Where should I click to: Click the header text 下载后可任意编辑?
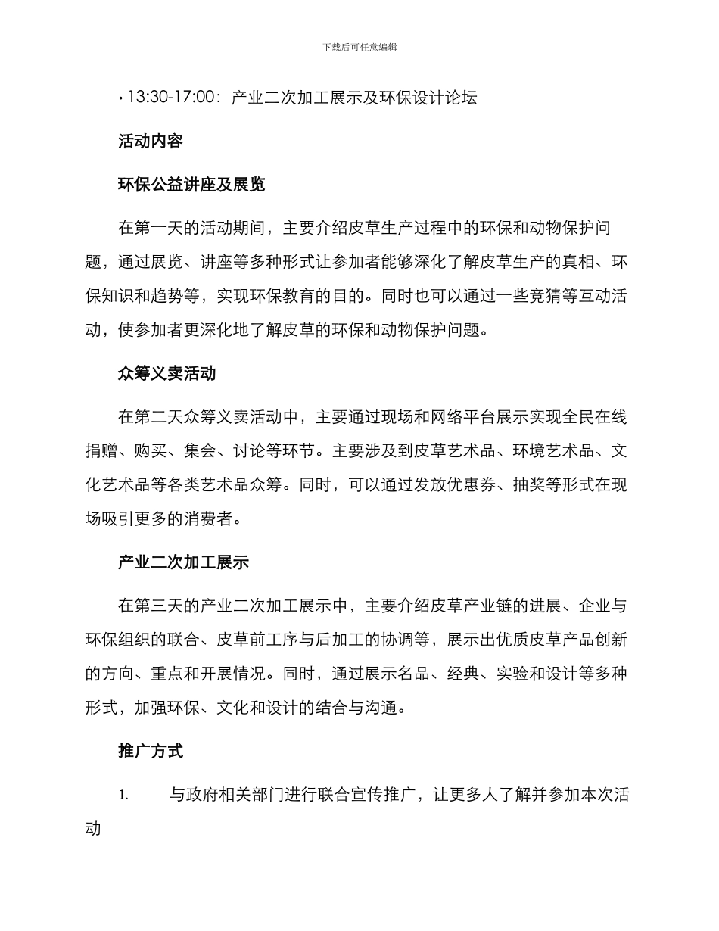(359, 47)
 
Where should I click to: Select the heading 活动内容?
(151, 141)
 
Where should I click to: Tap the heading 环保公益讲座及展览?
(191, 184)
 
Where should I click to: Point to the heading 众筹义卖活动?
(167, 373)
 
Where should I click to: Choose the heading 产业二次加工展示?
(184, 562)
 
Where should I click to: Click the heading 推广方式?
(151, 752)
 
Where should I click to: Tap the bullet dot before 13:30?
(121, 98)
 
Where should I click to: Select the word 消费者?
(216, 519)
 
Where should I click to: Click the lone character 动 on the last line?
(93, 827)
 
